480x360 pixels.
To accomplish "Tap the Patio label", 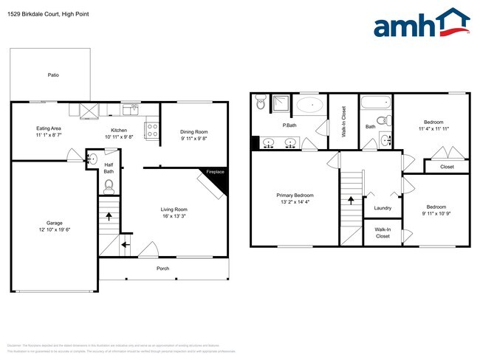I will click(x=53, y=75).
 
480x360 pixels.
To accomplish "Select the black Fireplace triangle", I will click(x=218, y=180).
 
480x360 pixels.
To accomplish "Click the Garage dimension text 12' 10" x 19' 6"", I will click(x=53, y=229).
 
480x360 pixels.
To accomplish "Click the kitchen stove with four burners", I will click(x=151, y=130).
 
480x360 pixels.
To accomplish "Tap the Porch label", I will click(x=163, y=269).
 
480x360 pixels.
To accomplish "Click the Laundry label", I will click(x=383, y=208).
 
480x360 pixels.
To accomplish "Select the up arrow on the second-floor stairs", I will click(x=351, y=199).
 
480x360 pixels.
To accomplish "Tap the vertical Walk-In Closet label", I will click(x=343, y=122).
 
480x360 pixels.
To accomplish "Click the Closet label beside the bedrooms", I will click(x=447, y=167).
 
